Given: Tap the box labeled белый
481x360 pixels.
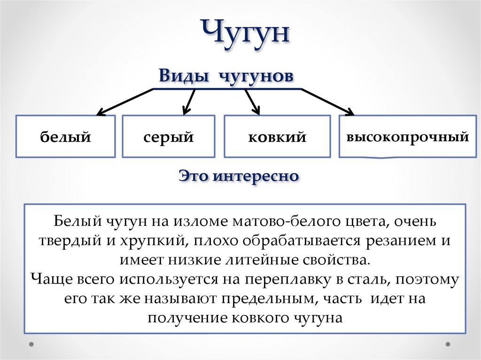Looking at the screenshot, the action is point(65,137).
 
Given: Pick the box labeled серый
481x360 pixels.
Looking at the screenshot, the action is point(169,137).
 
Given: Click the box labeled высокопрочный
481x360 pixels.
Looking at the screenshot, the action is point(407,137).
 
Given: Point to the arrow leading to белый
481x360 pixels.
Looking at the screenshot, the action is point(124,102).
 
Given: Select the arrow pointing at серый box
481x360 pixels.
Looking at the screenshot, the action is point(188,100).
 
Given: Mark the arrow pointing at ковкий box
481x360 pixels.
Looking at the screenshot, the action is point(252,101).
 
